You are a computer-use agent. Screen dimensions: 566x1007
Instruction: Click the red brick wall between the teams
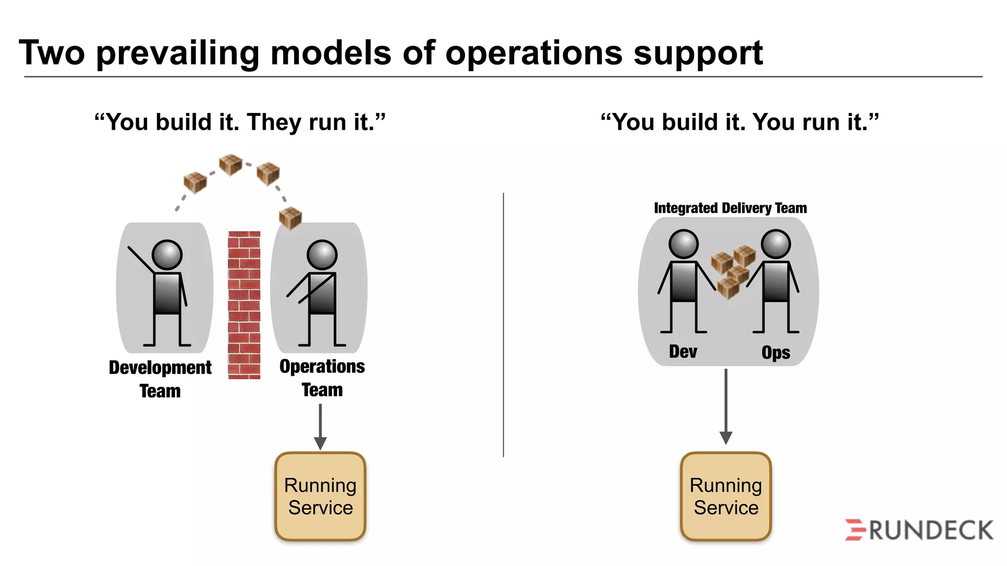point(244,305)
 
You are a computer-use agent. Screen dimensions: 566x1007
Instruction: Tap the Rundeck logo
point(918,530)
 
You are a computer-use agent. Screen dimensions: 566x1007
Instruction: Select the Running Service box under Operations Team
point(320,496)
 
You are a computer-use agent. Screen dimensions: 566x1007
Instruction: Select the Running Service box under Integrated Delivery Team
point(726,496)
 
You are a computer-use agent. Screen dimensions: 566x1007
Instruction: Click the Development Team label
point(160,379)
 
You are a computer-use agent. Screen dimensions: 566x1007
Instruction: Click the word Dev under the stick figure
point(683,352)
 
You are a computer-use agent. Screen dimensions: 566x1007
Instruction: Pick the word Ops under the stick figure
point(775,353)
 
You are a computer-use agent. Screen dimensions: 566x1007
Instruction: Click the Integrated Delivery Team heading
point(730,208)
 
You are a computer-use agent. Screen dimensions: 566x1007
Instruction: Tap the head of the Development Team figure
point(167,255)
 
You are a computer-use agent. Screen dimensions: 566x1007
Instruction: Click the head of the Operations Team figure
point(322,255)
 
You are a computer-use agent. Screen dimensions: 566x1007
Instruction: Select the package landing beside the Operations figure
point(290,218)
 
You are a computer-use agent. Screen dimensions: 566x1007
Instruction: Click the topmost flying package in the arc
point(230,165)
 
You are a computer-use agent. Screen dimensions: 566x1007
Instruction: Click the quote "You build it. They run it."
point(240,122)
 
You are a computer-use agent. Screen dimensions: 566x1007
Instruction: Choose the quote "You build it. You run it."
point(740,122)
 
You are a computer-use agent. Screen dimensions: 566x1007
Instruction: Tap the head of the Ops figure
point(775,244)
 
